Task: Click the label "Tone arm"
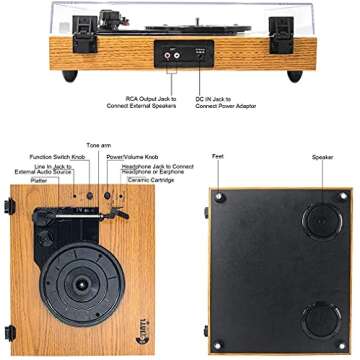98,146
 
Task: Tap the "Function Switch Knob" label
57,158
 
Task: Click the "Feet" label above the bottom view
218,158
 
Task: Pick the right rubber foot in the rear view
294,76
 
